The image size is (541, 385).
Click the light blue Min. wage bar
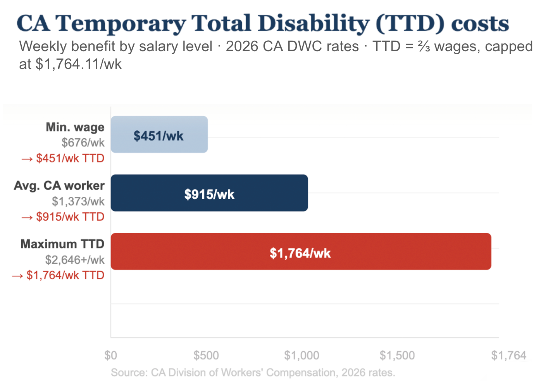[x=159, y=134]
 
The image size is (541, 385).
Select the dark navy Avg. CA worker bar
[x=209, y=193]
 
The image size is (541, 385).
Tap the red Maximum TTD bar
[x=301, y=251]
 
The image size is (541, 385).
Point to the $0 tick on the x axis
[x=111, y=355]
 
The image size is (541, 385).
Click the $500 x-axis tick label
[x=206, y=355]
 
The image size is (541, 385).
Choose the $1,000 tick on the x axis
[x=302, y=355]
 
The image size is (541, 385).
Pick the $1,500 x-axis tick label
[x=397, y=355]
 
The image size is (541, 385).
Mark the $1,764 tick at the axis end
[x=508, y=355]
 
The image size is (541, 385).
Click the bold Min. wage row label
[x=75, y=127]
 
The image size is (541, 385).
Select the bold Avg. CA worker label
[x=59, y=186]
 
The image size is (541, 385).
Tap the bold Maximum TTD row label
[x=62, y=244]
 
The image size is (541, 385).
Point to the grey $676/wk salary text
[x=83, y=143]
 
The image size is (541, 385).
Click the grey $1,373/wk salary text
[x=78, y=201]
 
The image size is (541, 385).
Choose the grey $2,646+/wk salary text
[x=75, y=260]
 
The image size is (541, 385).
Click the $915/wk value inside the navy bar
[x=209, y=194]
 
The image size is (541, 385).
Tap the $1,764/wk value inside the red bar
[x=300, y=253]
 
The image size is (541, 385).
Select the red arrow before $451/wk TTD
[x=27, y=159]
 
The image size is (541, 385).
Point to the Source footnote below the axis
[x=253, y=373]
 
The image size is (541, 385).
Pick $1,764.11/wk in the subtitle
[x=78, y=64]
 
